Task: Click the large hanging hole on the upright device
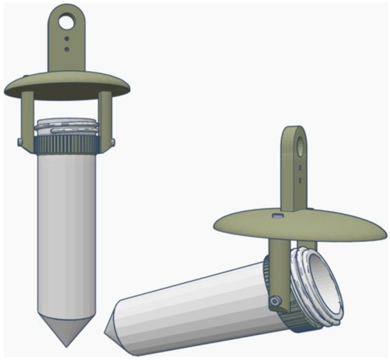point(66,22)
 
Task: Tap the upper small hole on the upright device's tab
point(67,39)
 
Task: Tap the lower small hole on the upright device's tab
point(67,49)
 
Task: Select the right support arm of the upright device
point(105,119)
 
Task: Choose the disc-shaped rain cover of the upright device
point(66,85)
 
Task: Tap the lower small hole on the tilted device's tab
point(301,179)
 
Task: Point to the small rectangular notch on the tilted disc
point(277,216)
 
